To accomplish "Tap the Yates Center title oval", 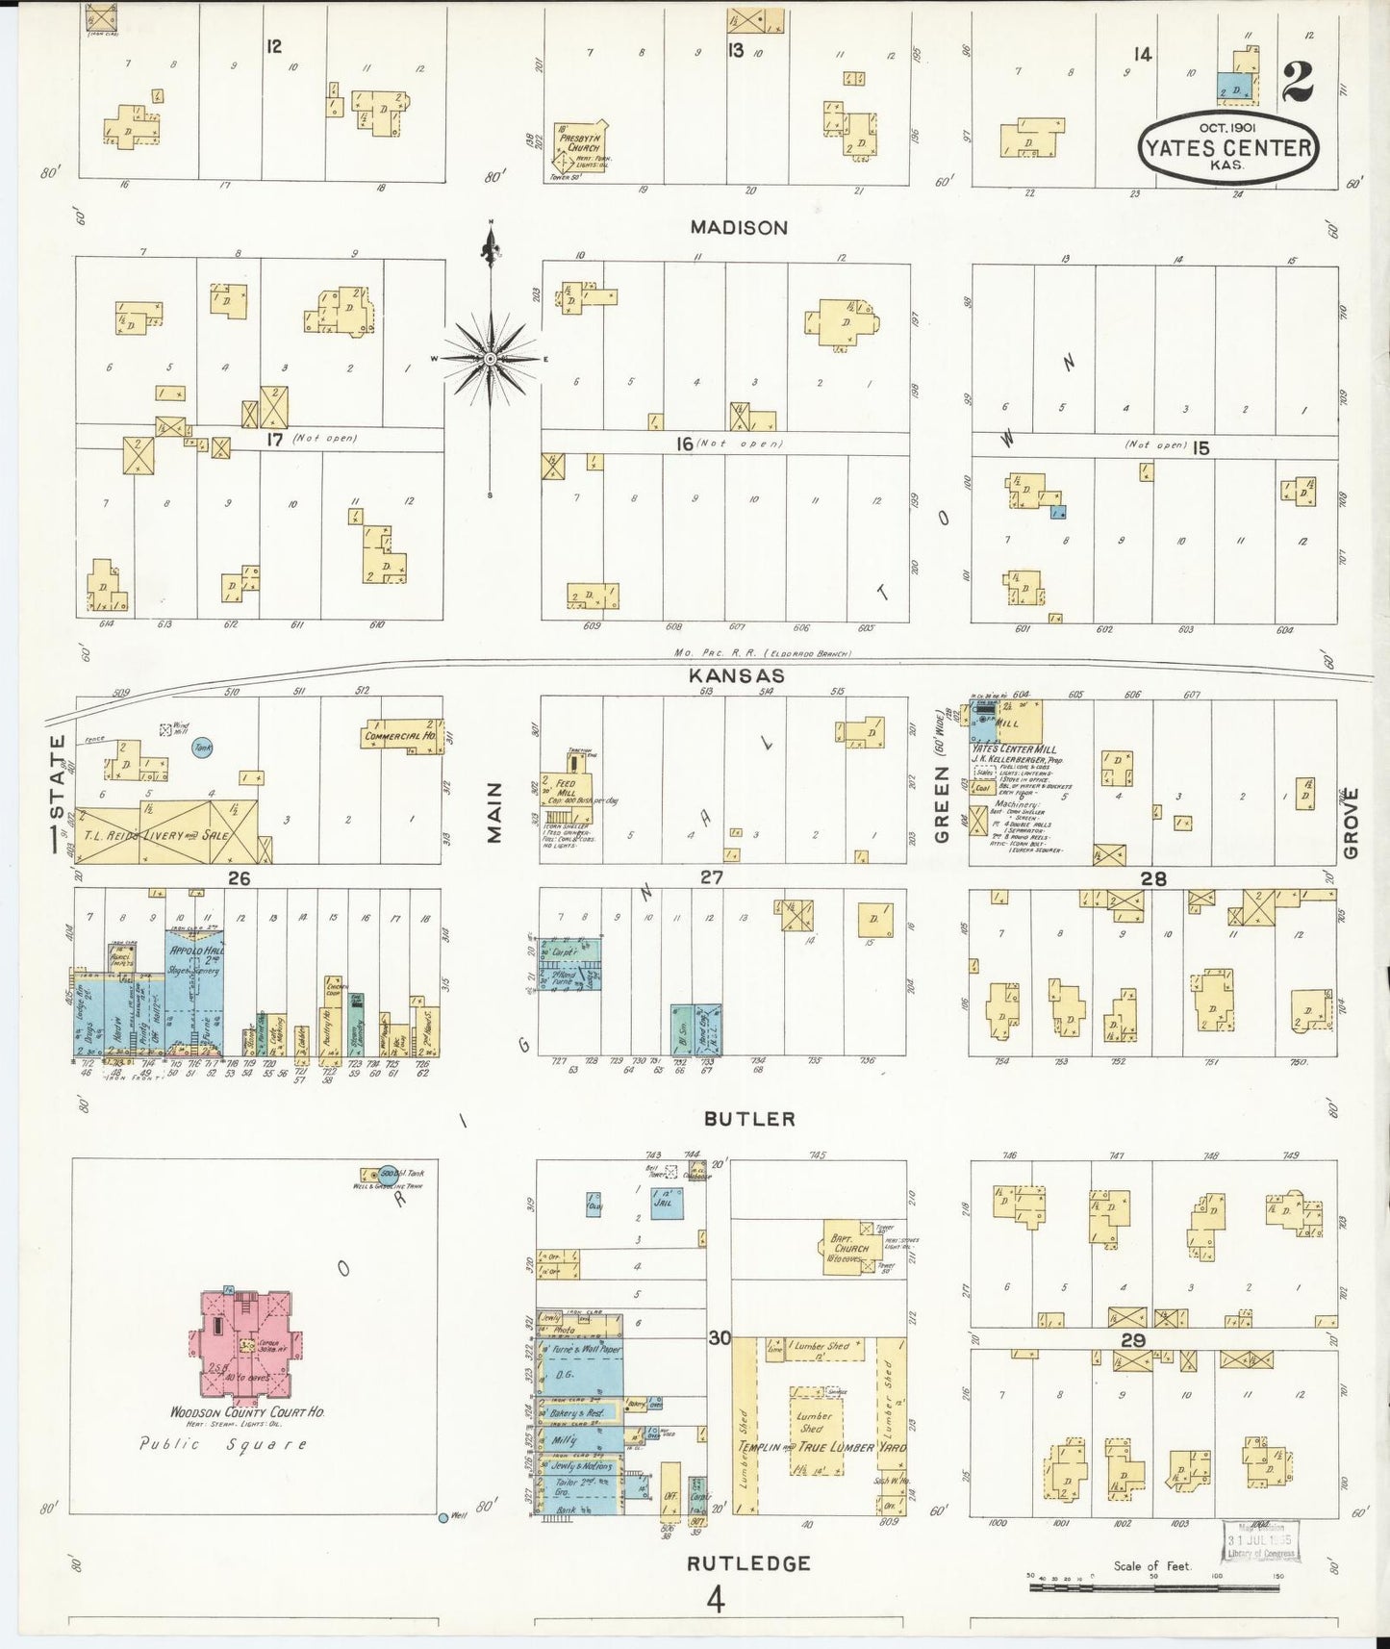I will pyautogui.click(x=1227, y=147).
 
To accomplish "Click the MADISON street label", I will pyautogui.click(x=739, y=228).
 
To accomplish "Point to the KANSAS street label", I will pyautogui.click(x=737, y=676).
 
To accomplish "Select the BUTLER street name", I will pyautogui.click(x=749, y=1119).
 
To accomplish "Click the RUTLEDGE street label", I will pyautogui.click(x=748, y=1563).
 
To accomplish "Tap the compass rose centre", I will pyautogui.click(x=491, y=358).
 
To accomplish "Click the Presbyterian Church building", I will pyautogui.click(x=581, y=145).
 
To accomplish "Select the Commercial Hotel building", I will pyautogui.click(x=401, y=736).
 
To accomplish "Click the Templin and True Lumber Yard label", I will pyautogui.click(x=821, y=1447).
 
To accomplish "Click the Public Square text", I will pyautogui.click(x=223, y=1444).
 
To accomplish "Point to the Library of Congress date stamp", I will pyautogui.click(x=1261, y=1542).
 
